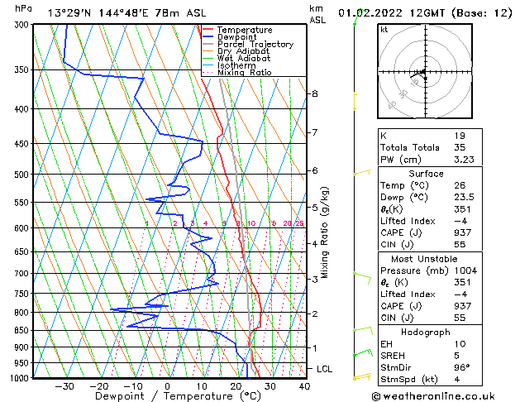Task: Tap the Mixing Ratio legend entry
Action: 244,73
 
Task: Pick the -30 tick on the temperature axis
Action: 64,386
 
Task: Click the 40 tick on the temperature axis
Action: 304,386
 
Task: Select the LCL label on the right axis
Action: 326,368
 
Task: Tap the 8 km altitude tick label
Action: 315,94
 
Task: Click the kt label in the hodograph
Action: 384,29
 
